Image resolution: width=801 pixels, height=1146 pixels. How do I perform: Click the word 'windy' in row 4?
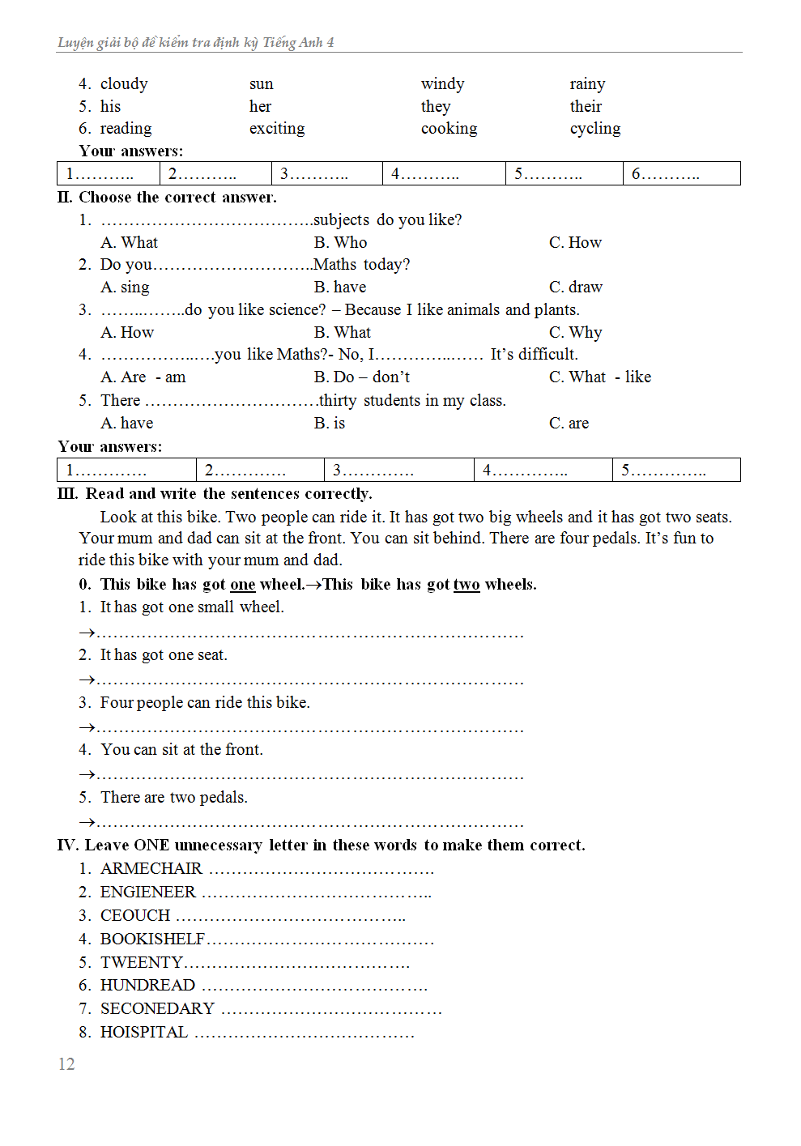pyautogui.click(x=442, y=84)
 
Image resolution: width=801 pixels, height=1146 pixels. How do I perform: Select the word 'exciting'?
pyautogui.click(x=277, y=129)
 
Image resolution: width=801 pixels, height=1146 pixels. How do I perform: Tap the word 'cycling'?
pyautogui.click(x=594, y=129)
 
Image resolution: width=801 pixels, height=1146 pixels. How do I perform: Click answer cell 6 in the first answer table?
pyautogui.click(x=681, y=173)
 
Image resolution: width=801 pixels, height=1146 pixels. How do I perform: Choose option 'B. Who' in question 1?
pyautogui.click(x=340, y=243)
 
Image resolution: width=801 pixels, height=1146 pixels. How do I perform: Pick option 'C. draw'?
pyautogui.click(x=575, y=288)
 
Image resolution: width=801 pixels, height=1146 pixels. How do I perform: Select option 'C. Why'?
pyautogui.click(x=575, y=333)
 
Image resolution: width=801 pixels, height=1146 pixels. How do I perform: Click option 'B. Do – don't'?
pyautogui.click(x=361, y=377)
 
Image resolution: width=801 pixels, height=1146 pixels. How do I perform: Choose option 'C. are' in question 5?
pyautogui.click(x=569, y=424)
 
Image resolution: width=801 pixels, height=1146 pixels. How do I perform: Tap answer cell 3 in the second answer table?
pyautogui.click(x=398, y=471)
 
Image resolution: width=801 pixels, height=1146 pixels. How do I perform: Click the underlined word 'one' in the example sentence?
pyautogui.click(x=242, y=585)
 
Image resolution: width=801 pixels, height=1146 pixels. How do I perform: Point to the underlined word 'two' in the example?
pyautogui.click(x=466, y=585)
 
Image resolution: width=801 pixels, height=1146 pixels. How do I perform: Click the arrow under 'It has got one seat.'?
pyautogui.click(x=87, y=680)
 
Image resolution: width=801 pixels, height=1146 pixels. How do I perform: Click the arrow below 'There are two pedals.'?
pyautogui.click(x=87, y=822)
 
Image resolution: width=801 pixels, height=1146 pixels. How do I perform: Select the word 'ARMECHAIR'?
pyautogui.click(x=151, y=869)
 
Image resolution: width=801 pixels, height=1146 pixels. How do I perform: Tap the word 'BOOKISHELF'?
pyautogui.click(x=152, y=939)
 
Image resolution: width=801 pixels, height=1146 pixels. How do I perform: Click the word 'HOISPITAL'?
pyautogui.click(x=144, y=1033)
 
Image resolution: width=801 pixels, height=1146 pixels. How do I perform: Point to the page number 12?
pyautogui.click(x=66, y=1064)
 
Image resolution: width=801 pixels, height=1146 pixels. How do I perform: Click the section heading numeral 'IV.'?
pyautogui.click(x=67, y=846)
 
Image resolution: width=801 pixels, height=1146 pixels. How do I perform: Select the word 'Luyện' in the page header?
pyautogui.click(x=75, y=43)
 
